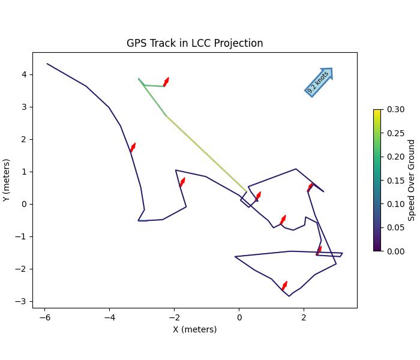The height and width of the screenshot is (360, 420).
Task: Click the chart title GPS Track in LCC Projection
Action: [x=194, y=43]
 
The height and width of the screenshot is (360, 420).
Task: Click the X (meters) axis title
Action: [x=194, y=329]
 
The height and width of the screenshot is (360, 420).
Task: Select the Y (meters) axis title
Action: [x=7, y=180]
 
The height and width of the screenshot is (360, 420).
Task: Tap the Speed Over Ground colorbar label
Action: [x=412, y=180]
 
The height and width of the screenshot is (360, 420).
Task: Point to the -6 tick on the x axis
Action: [x=44, y=316]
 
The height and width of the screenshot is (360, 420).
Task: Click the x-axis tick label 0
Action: [x=239, y=316]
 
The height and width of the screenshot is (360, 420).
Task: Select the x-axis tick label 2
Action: [x=304, y=316]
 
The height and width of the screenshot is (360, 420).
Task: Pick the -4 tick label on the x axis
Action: [x=109, y=316]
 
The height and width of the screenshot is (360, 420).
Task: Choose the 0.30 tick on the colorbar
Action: [x=395, y=109]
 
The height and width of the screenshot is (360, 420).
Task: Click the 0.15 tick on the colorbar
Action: [x=395, y=180]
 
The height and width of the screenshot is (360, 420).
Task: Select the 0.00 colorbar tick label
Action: [x=395, y=251]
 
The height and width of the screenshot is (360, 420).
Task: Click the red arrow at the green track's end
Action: [x=166, y=82]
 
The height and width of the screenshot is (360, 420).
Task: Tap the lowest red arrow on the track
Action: [x=284, y=286]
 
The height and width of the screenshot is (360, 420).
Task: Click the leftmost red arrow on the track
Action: [x=133, y=148]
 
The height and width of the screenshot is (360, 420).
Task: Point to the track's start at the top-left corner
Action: [x=47, y=64]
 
